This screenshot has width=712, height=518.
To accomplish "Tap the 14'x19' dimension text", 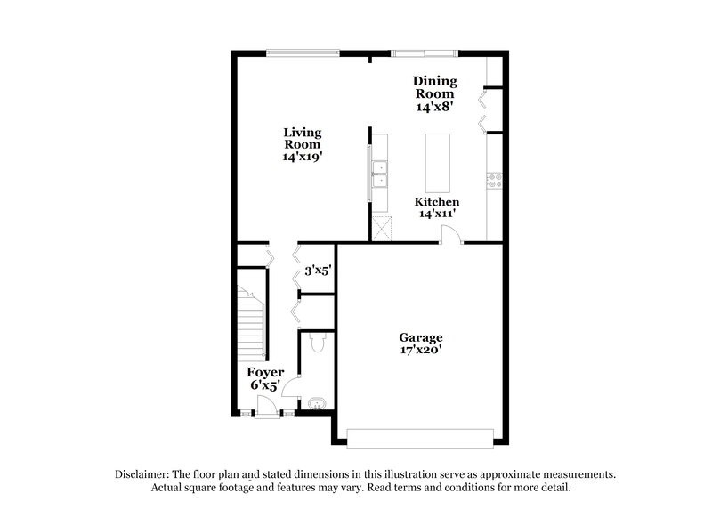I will (302, 156).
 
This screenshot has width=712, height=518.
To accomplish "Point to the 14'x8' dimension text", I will (434, 106).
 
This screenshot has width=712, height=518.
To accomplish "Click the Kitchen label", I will (439, 202).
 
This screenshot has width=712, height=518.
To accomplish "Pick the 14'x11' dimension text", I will (439, 214).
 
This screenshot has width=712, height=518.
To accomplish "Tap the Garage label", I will (420, 337).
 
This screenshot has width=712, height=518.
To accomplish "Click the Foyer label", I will (265, 372).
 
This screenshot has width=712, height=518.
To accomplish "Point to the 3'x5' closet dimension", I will (318, 270).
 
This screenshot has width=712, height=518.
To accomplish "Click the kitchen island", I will (437, 162).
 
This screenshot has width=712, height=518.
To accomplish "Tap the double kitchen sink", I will (379, 174).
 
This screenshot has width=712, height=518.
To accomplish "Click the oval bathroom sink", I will (316, 405).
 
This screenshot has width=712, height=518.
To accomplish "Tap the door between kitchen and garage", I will (451, 235).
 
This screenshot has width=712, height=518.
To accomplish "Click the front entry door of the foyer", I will (264, 409).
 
